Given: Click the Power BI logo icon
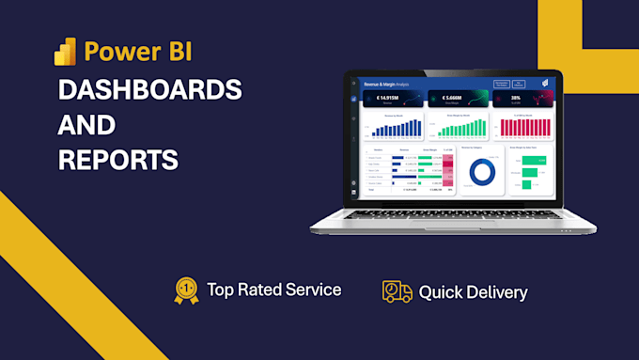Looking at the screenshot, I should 65,51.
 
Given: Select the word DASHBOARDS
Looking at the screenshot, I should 148,90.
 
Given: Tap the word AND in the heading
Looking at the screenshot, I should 86,125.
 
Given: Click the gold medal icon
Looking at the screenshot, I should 186,290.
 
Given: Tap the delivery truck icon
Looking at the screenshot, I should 397,291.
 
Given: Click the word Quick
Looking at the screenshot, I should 443,292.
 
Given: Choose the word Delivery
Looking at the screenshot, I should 498,292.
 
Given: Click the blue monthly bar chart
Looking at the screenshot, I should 389,128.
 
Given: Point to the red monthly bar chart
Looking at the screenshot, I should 529,128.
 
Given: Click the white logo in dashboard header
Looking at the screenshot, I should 545,84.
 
